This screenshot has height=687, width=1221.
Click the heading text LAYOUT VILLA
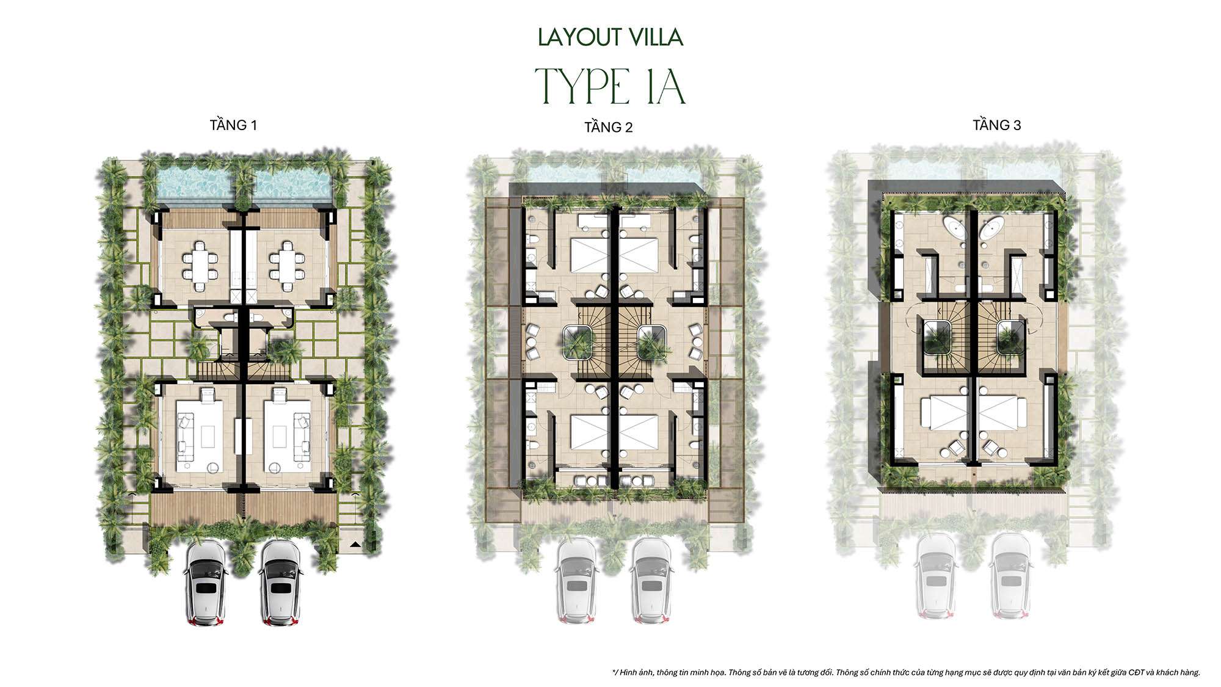click(610, 37)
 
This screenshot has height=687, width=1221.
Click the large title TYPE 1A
click(610, 88)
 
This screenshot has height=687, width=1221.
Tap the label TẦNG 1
click(233, 125)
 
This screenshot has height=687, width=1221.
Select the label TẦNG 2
click(608, 127)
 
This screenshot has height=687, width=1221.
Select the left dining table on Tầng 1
click(200, 266)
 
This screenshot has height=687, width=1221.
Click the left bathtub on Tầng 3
click(957, 231)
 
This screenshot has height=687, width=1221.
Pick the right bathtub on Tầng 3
click(991, 231)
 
